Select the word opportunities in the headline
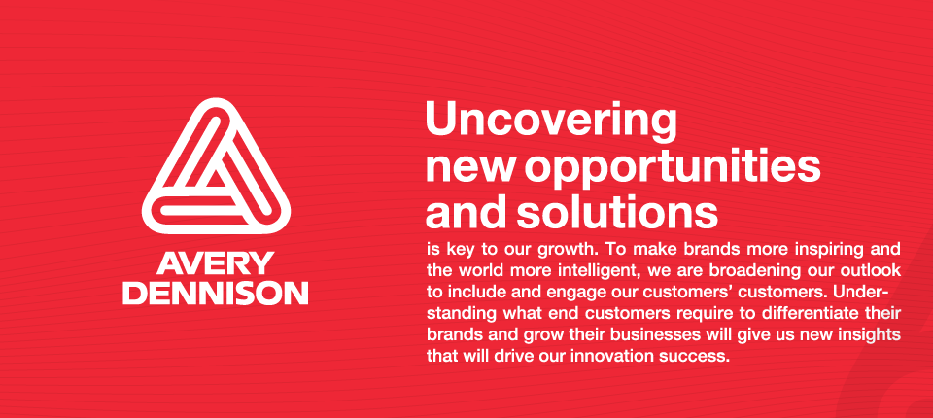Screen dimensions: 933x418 [x=673, y=169]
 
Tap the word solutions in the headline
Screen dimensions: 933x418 [x=616, y=212]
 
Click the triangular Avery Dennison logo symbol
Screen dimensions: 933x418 [x=216, y=165]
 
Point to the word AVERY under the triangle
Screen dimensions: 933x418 [x=216, y=263]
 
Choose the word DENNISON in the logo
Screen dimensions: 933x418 [x=216, y=293]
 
